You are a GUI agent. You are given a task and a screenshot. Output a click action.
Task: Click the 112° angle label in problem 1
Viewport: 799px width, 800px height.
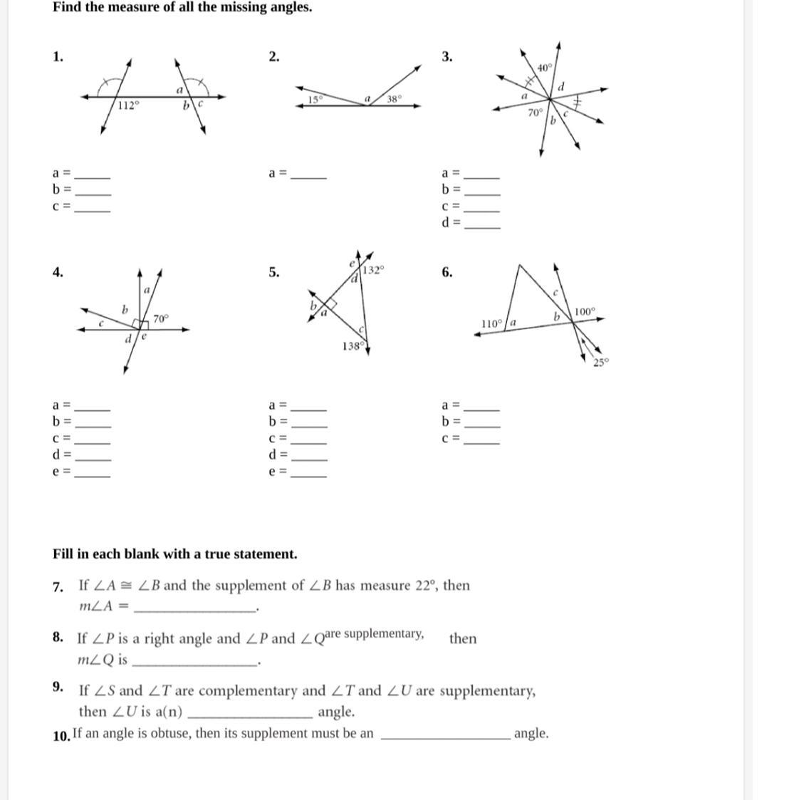pos(129,105)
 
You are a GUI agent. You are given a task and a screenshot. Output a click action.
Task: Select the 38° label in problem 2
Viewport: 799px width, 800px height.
pos(395,99)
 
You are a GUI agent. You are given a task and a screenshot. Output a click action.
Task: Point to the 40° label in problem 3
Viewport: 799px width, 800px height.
pos(545,68)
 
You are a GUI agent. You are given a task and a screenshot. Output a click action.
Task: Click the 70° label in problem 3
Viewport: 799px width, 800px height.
pos(536,112)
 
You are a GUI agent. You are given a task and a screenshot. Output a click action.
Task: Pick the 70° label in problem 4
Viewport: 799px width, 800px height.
pos(161,318)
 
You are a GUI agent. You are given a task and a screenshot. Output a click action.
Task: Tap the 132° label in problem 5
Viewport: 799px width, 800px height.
pos(374,270)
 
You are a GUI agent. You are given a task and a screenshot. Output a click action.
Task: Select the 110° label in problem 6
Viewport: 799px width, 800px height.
pos(492,323)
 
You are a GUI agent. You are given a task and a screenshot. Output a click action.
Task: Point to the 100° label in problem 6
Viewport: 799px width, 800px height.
pos(585,311)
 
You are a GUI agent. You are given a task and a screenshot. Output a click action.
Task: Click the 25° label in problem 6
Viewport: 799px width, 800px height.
pos(602,362)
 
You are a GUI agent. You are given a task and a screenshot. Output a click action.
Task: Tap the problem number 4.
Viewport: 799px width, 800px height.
pos(57,271)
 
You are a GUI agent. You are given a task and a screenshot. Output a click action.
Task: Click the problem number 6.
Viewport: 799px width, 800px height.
pos(446,271)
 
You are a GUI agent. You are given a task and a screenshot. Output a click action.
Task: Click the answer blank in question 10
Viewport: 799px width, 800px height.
pos(446,737)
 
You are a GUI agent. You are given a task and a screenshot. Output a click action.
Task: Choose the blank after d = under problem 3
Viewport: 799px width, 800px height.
pos(482,225)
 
